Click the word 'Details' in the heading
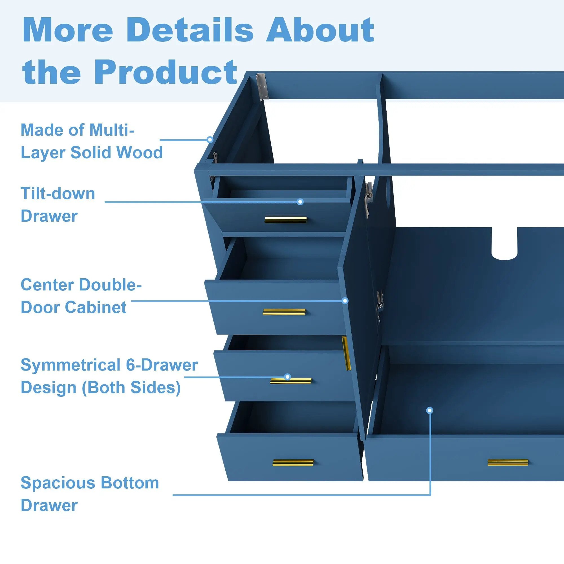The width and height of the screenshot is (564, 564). [190, 30]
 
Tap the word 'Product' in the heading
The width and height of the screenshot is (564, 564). [165, 72]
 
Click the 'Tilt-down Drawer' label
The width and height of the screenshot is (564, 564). [58, 205]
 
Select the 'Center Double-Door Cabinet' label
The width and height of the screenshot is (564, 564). [81, 296]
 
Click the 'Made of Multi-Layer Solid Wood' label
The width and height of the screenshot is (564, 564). [92, 141]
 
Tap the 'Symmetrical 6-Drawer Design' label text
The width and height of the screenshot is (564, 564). [109, 376]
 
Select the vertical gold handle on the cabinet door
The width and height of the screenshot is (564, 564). [347, 353]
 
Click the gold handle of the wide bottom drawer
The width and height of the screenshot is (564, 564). [508, 462]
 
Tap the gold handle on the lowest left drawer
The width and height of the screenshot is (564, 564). [293, 463]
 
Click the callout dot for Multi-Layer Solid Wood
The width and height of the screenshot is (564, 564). [210, 140]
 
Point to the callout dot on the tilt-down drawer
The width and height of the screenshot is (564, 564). [300, 202]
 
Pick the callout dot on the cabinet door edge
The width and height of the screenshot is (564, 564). [345, 301]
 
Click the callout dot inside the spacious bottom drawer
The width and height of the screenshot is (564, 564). [429, 410]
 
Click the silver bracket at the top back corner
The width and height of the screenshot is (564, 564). [262, 86]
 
